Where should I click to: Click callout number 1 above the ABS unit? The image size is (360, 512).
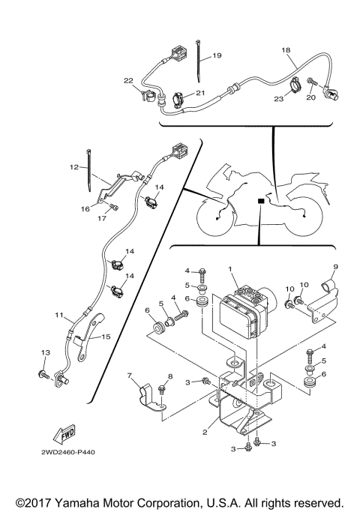[x=231, y=268]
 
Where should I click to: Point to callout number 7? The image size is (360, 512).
[x=129, y=376]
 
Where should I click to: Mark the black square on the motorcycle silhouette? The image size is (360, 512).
[x=259, y=201]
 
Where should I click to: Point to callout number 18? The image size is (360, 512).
[x=285, y=50]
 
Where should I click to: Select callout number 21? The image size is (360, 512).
[x=199, y=92]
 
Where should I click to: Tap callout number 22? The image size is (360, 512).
[x=128, y=80]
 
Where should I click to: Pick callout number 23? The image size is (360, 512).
[x=277, y=97]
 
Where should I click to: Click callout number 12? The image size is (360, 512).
[x=74, y=168]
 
